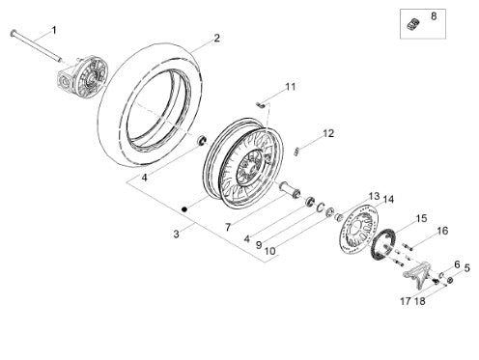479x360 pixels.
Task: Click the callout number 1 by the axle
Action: (54, 30)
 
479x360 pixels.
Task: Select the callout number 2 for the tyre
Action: (216, 38)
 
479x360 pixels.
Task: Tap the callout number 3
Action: (176, 234)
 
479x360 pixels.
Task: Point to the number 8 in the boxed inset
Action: (434, 16)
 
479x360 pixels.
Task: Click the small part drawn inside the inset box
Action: (413, 24)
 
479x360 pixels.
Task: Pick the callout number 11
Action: (291, 87)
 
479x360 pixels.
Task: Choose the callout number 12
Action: (328, 133)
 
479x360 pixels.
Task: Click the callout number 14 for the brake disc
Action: (388, 200)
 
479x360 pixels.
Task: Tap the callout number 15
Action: (421, 218)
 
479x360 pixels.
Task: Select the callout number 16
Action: (442, 231)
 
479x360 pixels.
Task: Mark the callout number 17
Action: (406, 301)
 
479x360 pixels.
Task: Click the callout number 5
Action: (466, 267)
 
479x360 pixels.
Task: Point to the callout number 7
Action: (228, 228)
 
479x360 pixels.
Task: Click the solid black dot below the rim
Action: (184, 209)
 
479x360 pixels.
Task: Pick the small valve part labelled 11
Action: (260, 104)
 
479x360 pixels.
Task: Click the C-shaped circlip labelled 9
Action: (319, 207)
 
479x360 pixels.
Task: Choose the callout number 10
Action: (270, 251)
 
